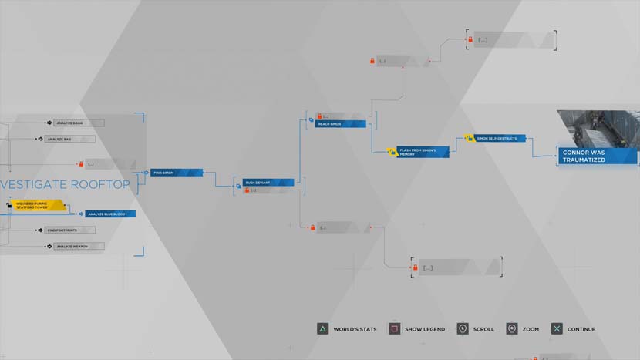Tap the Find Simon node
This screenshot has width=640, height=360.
coord(176,173)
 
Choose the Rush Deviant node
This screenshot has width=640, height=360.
coord(268,183)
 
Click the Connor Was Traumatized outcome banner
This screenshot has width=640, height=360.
coord(598,156)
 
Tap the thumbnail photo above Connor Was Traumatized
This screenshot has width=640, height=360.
coord(598,127)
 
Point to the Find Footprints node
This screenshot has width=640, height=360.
coord(70,230)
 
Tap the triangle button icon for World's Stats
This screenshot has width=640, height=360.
coord(322,329)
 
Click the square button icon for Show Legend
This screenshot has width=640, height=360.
coord(394,329)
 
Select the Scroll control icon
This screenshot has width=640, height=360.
coord(463,329)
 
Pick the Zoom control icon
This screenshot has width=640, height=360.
coord(511,329)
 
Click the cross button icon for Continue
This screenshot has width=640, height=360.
coord(557,329)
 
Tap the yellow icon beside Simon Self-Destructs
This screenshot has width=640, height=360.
coord(469,139)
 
